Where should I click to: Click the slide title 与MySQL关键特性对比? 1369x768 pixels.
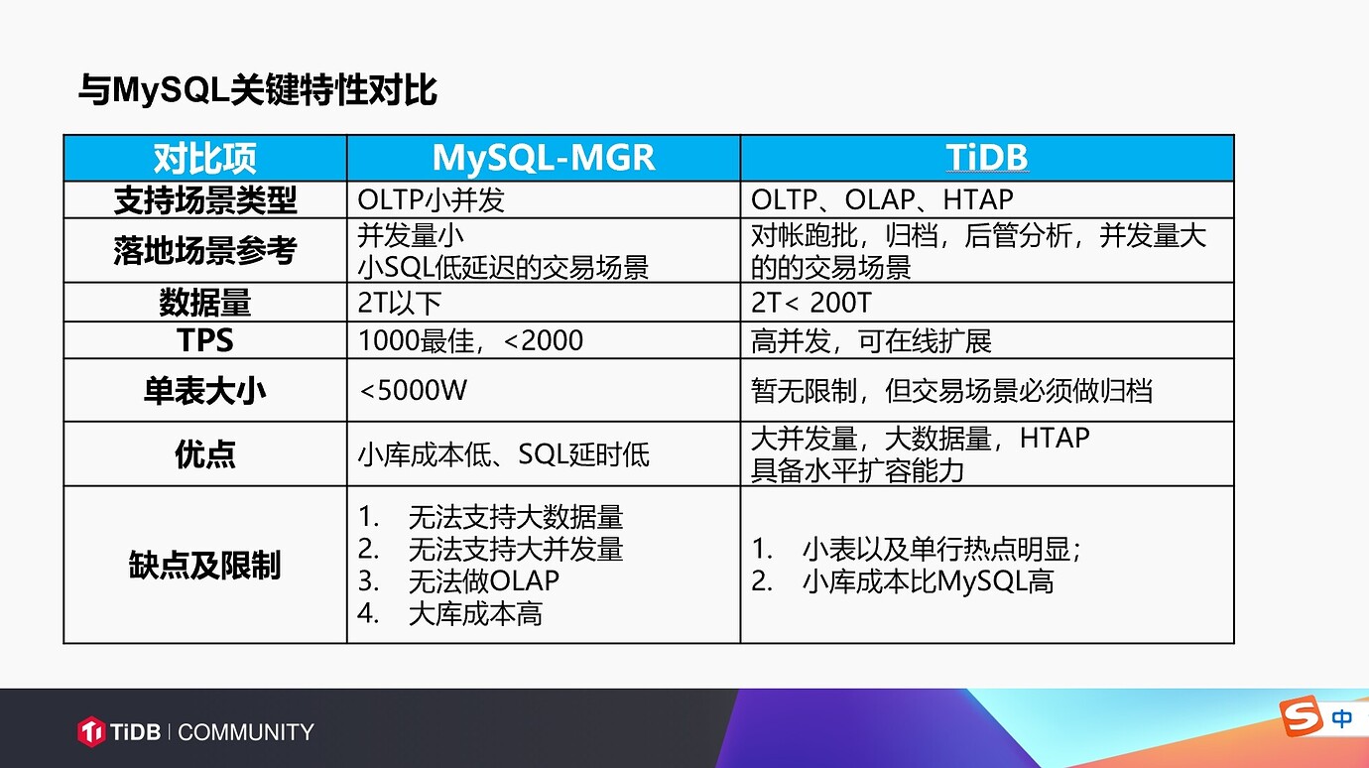[257, 90]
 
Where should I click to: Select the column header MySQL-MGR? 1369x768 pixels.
[544, 158]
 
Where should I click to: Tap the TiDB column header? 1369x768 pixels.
[987, 157]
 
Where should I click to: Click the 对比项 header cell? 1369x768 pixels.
[204, 159]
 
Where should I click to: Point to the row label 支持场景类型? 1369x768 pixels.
[204, 200]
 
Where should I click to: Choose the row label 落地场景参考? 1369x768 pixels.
[204, 250]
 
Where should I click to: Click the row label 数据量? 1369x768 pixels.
[204, 302]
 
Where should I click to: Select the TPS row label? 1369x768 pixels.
[204, 340]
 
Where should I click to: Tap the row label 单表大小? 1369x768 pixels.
[204, 391]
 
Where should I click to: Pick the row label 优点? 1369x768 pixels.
[204, 454]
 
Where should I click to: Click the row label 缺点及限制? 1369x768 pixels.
[204, 565]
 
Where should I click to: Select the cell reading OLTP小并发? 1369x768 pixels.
[431, 200]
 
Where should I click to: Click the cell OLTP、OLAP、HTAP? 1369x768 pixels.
[882, 200]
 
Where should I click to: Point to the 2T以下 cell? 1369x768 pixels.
[399, 303]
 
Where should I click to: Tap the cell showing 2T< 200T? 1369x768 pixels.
[811, 303]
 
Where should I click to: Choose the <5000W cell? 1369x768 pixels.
[413, 391]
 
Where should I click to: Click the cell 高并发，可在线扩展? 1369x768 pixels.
[871, 340]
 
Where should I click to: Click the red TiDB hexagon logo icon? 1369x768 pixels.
[91, 731]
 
